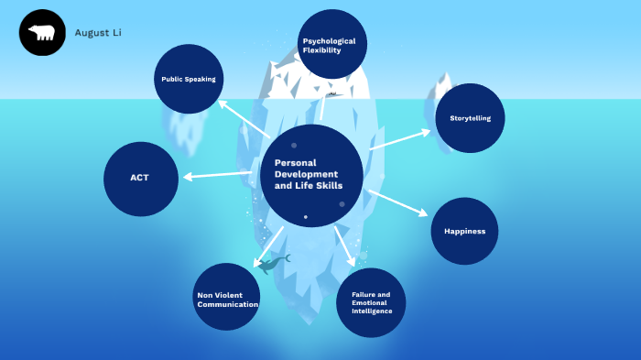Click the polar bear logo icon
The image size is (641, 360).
pos(42,32)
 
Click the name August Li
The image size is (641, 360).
pos(98,33)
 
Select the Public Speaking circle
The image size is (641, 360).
pos(189,79)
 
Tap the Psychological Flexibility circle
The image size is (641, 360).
pos(332,44)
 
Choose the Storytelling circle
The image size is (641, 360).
pos(470,118)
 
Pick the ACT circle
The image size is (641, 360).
pos(141,179)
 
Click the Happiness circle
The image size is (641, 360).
pos(464,231)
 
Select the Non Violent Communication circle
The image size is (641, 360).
pos(226,297)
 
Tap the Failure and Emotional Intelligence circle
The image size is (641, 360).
pos(371,302)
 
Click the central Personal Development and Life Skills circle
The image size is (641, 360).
pos(311,175)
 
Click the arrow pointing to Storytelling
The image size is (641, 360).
pos(399,140)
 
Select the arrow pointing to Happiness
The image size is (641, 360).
pos(397,202)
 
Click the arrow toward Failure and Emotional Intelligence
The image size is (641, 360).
pos(344,245)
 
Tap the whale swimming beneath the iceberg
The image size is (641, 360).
pos(273,264)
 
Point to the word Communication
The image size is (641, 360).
pos(228,304)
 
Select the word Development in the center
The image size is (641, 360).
pos(306,174)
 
